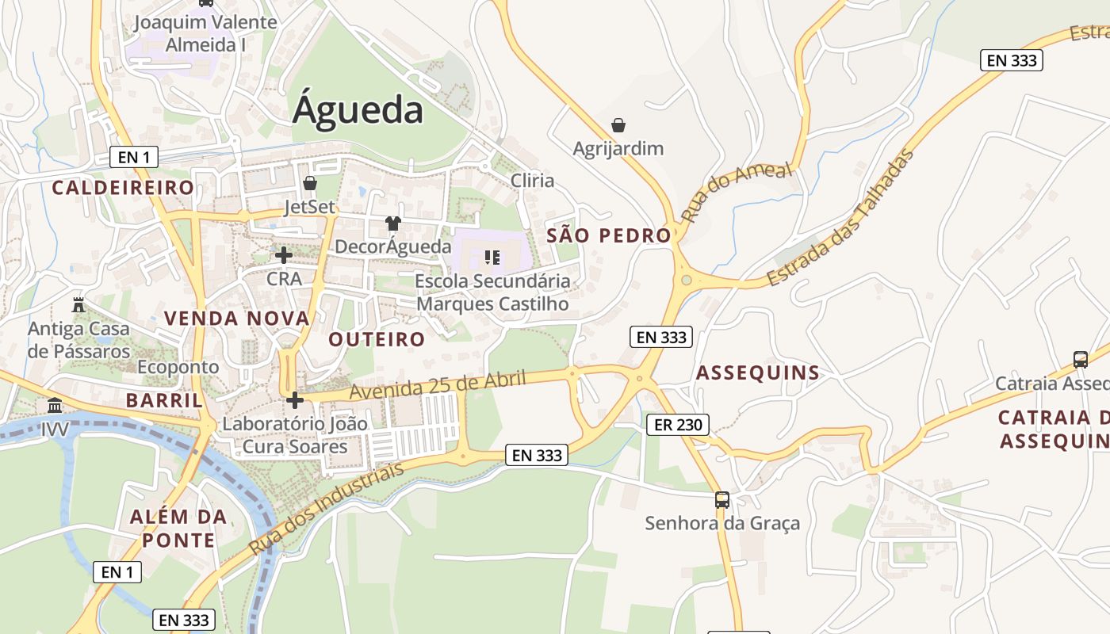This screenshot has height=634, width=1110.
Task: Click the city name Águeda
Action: (358, 110)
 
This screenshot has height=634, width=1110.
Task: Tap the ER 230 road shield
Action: (677, 425)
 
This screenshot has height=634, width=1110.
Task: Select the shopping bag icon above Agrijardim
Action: (618, 125)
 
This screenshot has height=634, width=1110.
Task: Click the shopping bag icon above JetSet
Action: (310, 183)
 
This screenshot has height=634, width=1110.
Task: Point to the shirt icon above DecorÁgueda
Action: (393, 223)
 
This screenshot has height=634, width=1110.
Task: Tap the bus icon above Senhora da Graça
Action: (722, 499)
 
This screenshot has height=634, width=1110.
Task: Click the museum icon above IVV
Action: (55, 406)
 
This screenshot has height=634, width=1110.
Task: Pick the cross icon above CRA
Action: (283, 255)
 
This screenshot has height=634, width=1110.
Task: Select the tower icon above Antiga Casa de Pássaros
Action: (78, 304)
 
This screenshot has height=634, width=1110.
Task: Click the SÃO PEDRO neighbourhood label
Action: (609, 235)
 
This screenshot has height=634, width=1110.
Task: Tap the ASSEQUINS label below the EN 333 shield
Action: (757, 373)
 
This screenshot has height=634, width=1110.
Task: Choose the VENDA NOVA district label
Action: (236, 319)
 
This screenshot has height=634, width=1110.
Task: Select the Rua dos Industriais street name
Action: (326, 508)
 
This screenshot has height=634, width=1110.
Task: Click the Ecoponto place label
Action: (178, 367)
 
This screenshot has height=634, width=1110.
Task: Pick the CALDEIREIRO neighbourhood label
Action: (123, 188)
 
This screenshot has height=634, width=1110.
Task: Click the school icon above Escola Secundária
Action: (492, 257)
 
